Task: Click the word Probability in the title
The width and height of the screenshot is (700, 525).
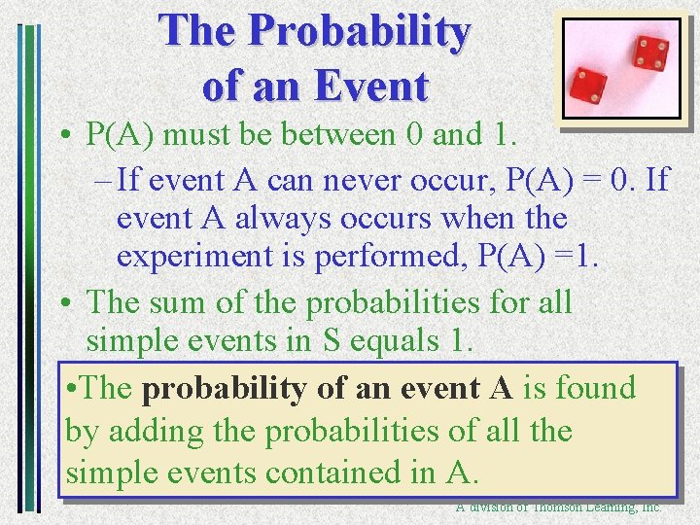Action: (359, 33)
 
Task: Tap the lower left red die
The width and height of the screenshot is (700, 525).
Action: (589, 86)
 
